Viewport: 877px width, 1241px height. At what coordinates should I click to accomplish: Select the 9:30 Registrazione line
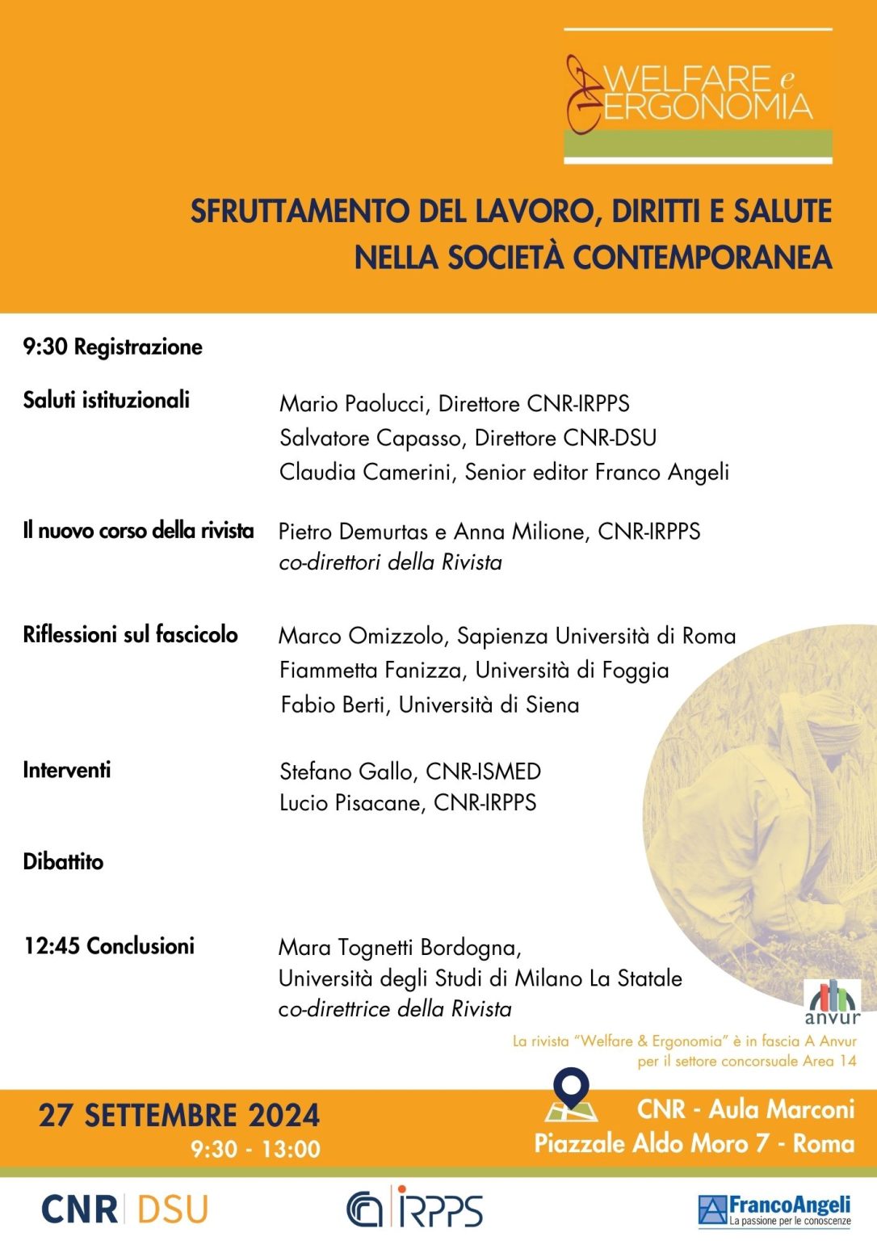click(112, 347)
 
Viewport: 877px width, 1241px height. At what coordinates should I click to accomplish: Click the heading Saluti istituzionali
click(106, 400)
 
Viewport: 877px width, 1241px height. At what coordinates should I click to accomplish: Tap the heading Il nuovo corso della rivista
click(138, 531)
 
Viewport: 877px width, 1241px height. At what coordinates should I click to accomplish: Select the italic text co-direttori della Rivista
click(390, 562)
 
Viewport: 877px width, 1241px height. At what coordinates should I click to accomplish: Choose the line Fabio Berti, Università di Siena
click(430, 705)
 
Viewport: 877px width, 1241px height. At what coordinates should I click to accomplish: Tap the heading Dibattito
click(63, 861)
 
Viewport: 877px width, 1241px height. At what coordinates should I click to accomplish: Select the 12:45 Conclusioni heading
click(109, 946)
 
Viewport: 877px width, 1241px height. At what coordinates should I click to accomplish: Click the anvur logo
click(832, 1002)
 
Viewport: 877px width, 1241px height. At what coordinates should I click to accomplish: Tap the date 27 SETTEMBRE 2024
click(179, 1116)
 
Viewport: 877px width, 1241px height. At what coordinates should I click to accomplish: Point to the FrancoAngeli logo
click(774, 1209)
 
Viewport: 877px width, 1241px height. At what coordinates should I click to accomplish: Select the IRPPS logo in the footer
click(415, 1208)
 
